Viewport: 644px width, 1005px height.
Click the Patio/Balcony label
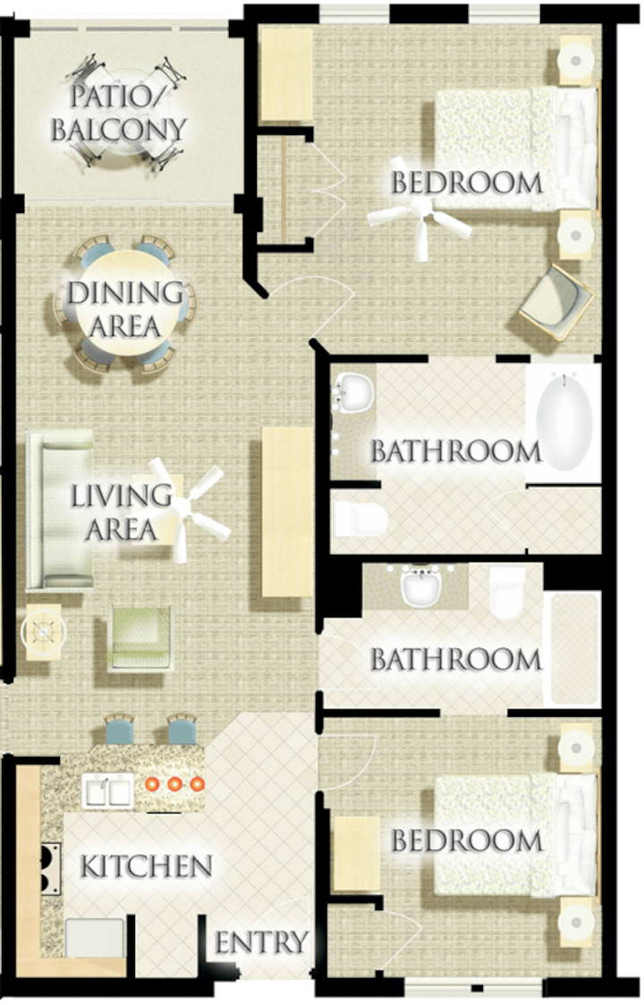119,114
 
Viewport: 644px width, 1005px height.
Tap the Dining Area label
125,309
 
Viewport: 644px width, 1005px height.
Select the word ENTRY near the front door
261,942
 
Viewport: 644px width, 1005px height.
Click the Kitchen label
146,866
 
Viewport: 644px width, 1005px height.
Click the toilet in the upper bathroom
360,518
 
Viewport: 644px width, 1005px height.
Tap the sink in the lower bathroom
421,587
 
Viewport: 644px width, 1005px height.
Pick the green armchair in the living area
140,638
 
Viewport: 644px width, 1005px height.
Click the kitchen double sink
107,789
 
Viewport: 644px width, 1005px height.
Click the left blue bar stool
120,729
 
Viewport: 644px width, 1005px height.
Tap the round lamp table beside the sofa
44,632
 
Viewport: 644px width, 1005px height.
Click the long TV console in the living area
287,512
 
